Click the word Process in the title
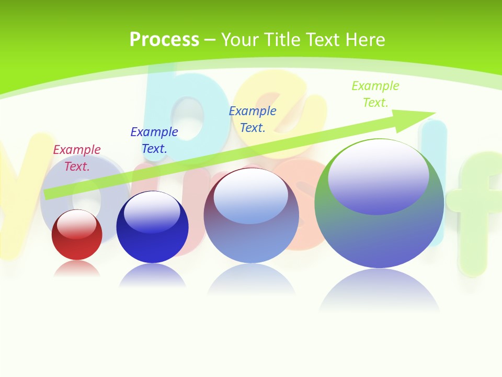point(164,40)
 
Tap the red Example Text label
point(77,158)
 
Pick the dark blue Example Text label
point(154,140)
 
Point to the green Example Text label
point(375,94)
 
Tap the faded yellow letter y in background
point(21,188)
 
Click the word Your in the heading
point(238,40)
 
